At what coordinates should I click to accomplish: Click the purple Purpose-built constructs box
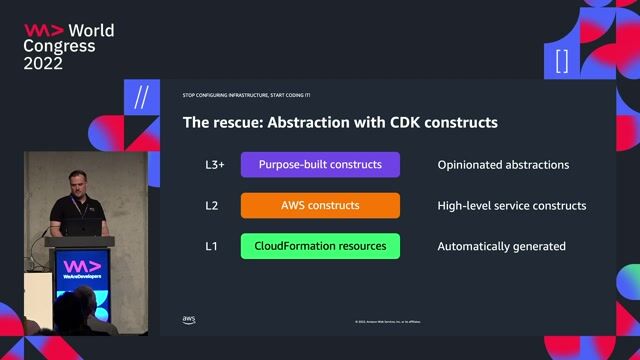[320, 165]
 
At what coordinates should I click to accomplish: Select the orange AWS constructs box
[320, 206]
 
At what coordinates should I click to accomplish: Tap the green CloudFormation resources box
[320, 246]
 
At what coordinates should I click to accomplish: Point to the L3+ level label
[202, 165]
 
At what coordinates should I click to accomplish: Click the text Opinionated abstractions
[503, 165]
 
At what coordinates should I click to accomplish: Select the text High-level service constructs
[511, 206]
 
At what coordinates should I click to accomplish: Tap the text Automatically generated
[501, 246]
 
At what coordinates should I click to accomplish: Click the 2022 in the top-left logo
[44, 63]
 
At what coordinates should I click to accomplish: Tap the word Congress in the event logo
[59, 46]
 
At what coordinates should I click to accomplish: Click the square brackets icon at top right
[562, 60]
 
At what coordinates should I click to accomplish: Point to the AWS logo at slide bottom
[188, 321]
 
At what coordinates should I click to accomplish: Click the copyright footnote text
[388, 322]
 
